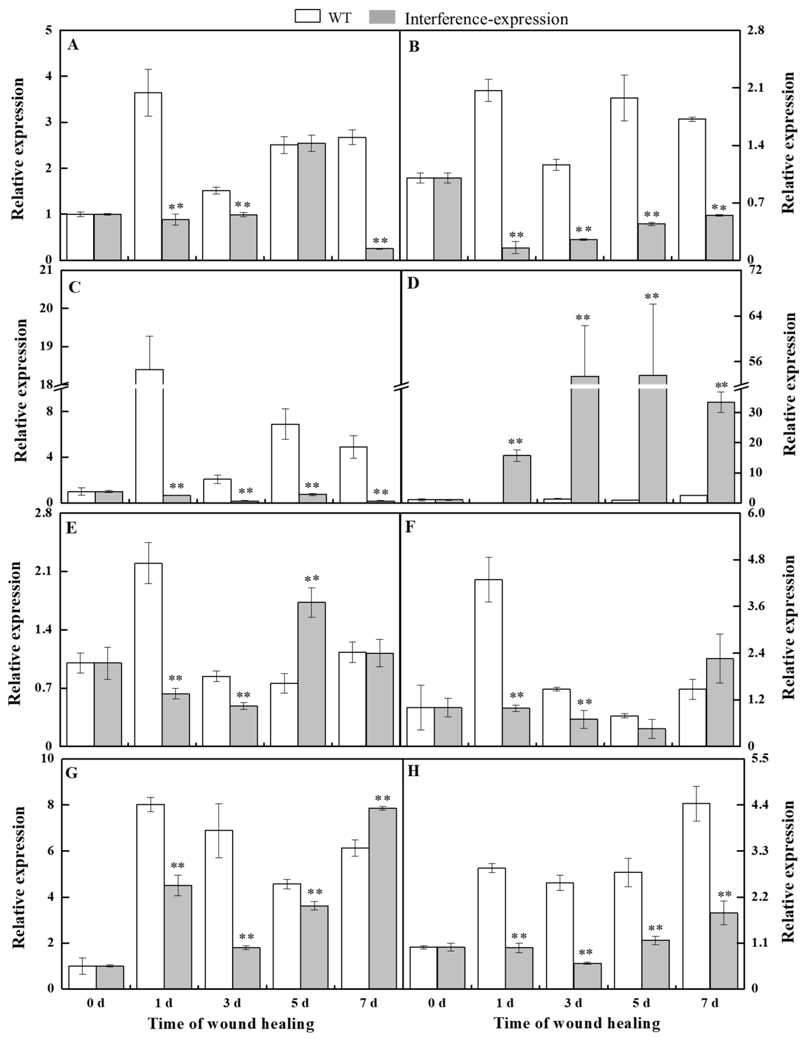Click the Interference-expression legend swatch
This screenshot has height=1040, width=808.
[x=382, y=17]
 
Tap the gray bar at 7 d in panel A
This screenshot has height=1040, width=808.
[x=380, y=254]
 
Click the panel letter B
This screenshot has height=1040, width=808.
[x=414, y=47]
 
